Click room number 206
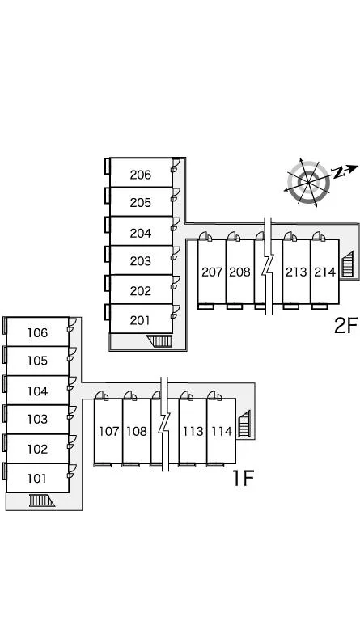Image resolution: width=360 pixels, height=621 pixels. click(141, 175)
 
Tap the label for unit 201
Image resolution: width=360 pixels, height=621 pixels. click(140, 320)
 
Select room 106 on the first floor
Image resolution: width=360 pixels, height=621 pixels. click(38, 332)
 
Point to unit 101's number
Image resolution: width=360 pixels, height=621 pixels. click(37, 479)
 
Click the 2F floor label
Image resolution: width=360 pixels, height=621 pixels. click(345, 326)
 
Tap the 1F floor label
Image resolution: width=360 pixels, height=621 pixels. click(243, 478)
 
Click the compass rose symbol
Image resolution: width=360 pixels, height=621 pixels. click(308, 182)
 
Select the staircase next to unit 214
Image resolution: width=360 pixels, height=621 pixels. click(347, 264)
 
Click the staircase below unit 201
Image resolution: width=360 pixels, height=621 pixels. click(159, 341)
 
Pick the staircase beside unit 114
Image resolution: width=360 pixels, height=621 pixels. click(244, 424)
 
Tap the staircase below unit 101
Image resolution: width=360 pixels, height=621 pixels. click(41, 501)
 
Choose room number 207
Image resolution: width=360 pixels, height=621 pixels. click(212, 272)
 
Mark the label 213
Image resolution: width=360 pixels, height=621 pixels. click(296, 272)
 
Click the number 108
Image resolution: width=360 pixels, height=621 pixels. click(137, 431)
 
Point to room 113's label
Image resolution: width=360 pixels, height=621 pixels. click(193, 431)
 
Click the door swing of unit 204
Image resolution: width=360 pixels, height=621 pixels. click(176, 223)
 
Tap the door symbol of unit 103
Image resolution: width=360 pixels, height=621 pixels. click(72, 412)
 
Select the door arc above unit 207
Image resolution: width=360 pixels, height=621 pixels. click(205, 236)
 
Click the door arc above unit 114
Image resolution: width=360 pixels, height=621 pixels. click(215, 395)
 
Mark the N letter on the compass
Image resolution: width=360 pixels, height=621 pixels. click(338, 173)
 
